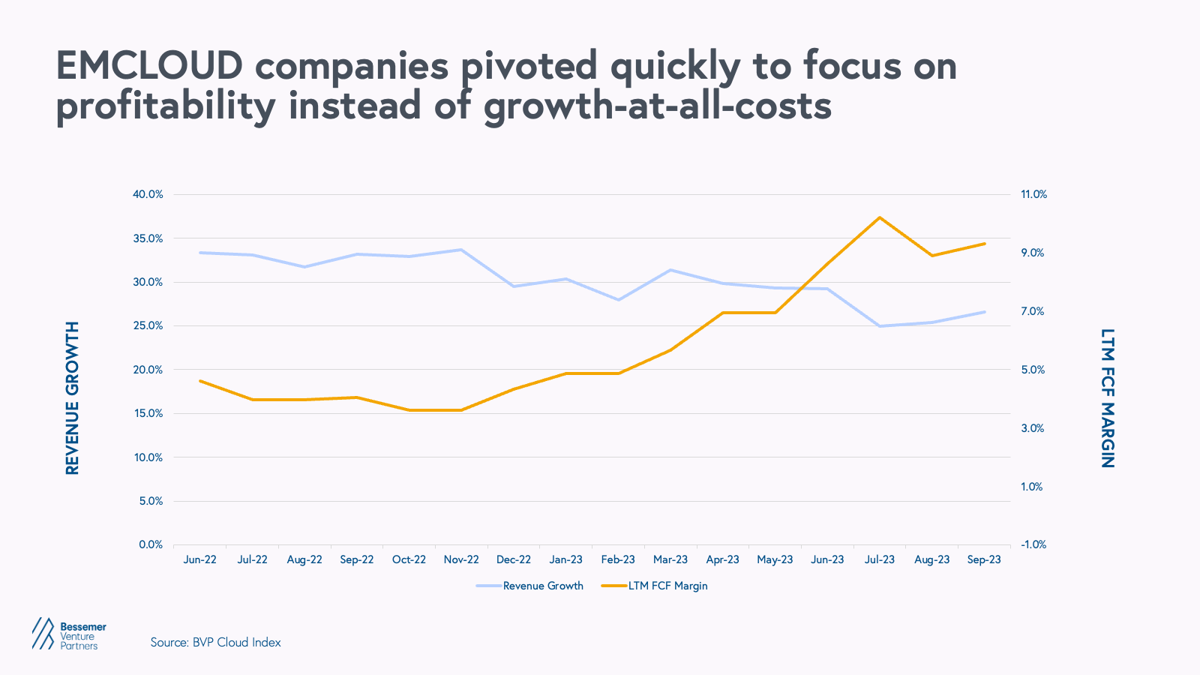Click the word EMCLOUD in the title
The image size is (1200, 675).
149,66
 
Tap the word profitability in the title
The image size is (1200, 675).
166,106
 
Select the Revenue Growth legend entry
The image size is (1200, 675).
542,586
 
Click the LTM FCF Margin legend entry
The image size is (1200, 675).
667,586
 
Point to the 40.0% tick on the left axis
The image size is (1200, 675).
148,194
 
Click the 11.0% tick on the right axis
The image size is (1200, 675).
1033,194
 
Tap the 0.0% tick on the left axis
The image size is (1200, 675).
151,544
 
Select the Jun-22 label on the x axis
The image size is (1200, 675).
199,559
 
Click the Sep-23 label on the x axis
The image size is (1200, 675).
984,559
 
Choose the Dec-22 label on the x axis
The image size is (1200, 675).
514,559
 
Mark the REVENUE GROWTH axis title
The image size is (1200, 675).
72,398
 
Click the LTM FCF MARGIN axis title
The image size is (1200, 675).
1107,398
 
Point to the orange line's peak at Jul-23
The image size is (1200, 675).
880,217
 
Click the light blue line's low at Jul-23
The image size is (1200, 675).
880,326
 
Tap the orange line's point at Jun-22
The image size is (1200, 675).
199,381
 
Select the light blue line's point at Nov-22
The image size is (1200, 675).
461,250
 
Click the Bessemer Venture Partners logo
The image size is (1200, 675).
69,634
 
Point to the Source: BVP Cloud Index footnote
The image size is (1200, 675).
216,642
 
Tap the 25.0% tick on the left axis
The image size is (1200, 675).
148,325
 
